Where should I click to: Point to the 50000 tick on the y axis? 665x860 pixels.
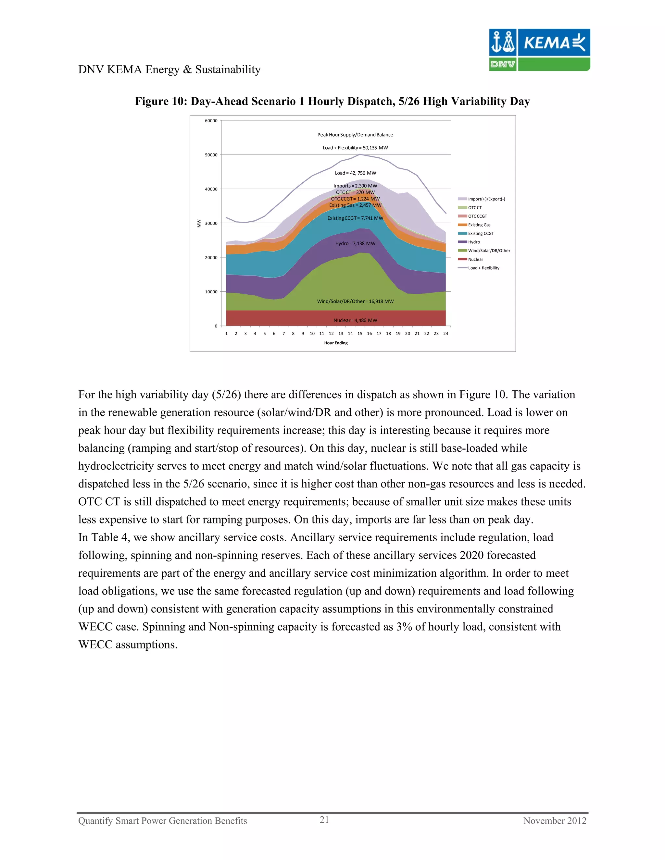pyautogui.click(x=211, y=155)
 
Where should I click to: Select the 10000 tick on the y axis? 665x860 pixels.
pyautogui.click(x=211, y=292)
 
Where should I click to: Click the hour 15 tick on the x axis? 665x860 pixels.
pyautogui.click(x=360, y=334)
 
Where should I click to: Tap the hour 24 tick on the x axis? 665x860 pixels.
pyautogui.click(x=445, y=334)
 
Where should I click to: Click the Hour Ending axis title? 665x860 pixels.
pyautogui.click(x=336, y=343)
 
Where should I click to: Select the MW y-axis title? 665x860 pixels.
pyautogui.click(x=199, y=223)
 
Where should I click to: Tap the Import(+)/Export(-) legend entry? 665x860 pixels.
pyautogui.click(x=486, y=199)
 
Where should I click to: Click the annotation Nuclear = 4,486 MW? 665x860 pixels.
pyautogui.click(x=355, y=321)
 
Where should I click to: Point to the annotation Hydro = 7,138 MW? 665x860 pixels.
pyautogui.click(x=355, y=244)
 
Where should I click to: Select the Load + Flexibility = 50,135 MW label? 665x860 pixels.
pyautogui.click(x=355, y=148)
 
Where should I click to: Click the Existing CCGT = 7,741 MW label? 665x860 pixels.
pyautogui.click(x=355, y=218)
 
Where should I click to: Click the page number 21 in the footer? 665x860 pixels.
pyautogui.click(x=324, y=819)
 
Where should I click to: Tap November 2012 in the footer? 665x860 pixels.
pyautogui.click(x=554, y=821)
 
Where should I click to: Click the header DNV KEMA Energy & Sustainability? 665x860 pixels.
pyautogui.click(x=169, y=70)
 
